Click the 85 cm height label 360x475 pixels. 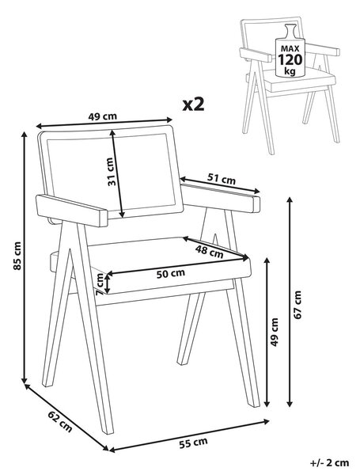(x=17, y=256)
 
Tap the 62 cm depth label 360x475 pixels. (x=61, y=422)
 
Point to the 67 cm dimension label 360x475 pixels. (x=297, y=305)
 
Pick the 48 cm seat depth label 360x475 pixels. (x=209, y=252)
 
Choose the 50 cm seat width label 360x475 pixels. (x=170, y=274)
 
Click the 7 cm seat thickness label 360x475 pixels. (x=100, y=284)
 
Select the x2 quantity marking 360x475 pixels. (x=194, y=104)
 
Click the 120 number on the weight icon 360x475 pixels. (x=290, y=59)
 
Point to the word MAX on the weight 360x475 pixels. (x=290, y=48)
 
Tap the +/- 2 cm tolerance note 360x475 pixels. (x=329, y=462)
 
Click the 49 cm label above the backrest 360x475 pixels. (x=102, y=116)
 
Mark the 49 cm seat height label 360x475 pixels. (x=275, y=332)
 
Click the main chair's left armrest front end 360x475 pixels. (x=104, y=217)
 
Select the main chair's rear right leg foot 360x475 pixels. (x=182, y=362)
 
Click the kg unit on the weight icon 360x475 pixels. (x=290, y=71)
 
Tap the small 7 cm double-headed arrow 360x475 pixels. (x=107, y=283)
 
